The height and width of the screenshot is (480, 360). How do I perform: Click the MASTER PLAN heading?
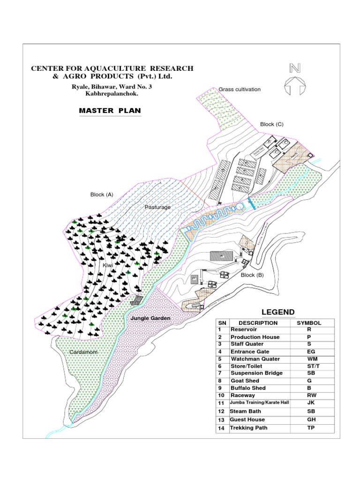click(110, 111)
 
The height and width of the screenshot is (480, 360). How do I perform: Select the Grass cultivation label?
click(240, 89)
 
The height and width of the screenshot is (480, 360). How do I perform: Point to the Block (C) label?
click(271, 124)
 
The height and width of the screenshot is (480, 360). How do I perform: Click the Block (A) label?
click(102, 194)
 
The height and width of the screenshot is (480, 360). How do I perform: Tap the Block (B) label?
click(252, 275)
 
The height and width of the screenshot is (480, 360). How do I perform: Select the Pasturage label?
click(157, 207)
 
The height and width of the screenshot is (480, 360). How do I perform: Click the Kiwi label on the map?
click(108, 266)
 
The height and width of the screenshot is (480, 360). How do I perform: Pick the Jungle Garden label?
click(150, 318)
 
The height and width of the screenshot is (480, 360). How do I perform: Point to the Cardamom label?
click(84, 352)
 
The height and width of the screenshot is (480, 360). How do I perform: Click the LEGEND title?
click(278, 312)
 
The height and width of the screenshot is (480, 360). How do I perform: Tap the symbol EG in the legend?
click(309, 352)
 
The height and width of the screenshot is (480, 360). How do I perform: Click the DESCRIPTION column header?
click(258, 323)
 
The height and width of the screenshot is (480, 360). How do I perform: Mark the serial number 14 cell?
click(222, 428)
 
